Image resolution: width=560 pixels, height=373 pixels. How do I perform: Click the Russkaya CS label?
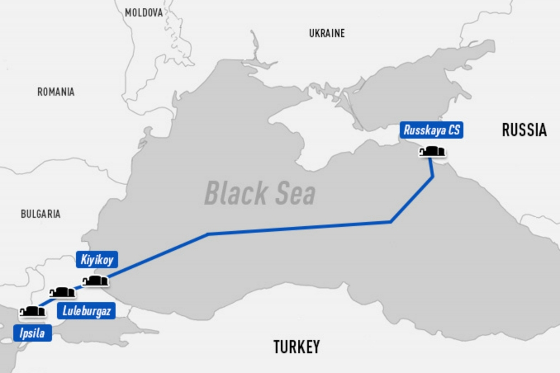[432, 131]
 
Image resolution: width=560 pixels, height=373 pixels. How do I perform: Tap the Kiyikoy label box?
[97, 260]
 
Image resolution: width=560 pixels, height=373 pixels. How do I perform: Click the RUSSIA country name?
[524, 130]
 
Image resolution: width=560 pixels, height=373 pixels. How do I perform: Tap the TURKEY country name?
[296, 347]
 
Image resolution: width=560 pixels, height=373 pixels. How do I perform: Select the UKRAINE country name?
[327, 34]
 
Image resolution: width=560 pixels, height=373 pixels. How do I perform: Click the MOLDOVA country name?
[144, 12]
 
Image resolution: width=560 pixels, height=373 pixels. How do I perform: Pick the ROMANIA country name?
[56, 92]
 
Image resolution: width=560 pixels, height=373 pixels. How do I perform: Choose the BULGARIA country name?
[40, 214]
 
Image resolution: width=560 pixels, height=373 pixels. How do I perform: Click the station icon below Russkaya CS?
[432, 151]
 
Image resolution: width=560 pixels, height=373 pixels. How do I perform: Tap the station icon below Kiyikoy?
[95, 281]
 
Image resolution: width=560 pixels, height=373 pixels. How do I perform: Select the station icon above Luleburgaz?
[62, 292]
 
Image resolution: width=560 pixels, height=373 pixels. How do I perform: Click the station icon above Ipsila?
[32, 311]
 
